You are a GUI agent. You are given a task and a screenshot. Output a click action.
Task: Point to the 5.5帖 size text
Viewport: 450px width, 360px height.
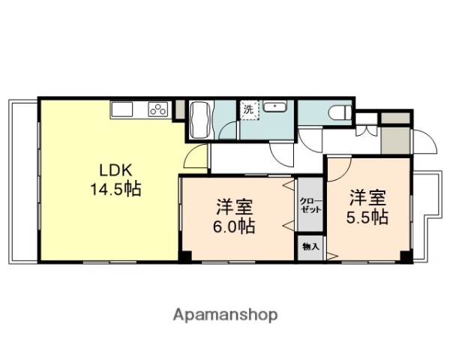(x=367, y=217)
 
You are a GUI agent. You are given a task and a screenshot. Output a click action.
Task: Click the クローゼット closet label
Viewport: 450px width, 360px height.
(x=310, y=205)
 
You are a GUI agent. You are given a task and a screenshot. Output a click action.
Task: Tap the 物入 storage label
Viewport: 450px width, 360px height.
(x=310, y=246)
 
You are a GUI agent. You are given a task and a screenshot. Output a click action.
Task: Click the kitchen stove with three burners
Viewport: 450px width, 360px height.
(x=158, y=109)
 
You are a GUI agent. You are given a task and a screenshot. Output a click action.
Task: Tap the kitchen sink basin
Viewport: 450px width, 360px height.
(x=122, y=109)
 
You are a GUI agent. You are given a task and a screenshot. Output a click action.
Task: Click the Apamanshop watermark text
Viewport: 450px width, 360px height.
(x=225, y=314)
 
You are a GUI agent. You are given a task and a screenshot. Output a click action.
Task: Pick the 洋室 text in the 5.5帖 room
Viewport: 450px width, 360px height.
(x=367, y=198)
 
